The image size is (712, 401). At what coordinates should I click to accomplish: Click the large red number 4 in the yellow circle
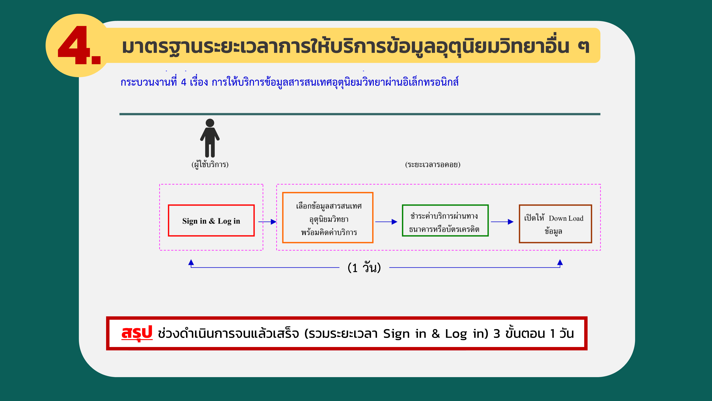pyautogui.click(x=74, y=45)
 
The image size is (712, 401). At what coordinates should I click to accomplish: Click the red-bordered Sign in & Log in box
pyautogui.click(x=211, y=205)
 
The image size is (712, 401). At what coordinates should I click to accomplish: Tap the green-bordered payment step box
pyautogui.click(x=445, y=205)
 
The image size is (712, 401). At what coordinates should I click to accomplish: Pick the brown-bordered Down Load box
pyautogui.click(x=555, y=205)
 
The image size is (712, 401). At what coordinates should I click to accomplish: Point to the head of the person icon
pyautogui.click(x=210, y=123)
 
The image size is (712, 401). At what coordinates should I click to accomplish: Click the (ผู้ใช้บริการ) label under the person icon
pyautogui.click(x=210, y=165)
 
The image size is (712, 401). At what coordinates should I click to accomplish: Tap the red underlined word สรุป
pyautogui.click(x=137, y=333)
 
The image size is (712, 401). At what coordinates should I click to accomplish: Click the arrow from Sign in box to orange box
pyautogui.click(x=267, y=222)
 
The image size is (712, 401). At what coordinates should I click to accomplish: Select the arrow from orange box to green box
pyautogui.click(x=386, y=222)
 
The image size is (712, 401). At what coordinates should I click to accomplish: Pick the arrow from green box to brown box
pyautogui.click(x=502, y=222)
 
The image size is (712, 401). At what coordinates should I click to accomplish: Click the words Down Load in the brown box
pyautogui.click(x=566, y=218)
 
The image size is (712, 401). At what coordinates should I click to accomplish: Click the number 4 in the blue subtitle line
pyautogui.click(x=184, y=82)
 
